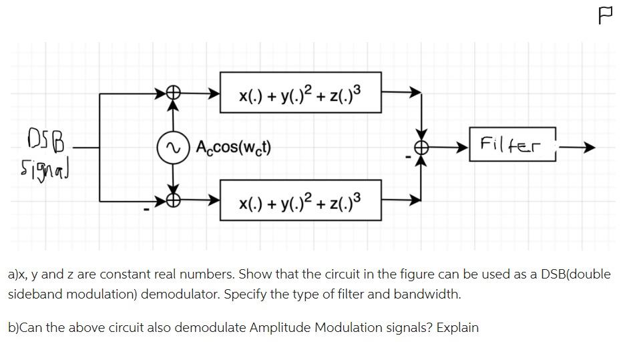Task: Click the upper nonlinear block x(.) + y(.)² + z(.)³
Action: [300, 93]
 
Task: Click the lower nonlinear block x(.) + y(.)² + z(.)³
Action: [300, 200]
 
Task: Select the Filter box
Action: [513, 144]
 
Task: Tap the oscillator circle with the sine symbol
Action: [174, 147]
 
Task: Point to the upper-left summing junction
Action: [174, 94]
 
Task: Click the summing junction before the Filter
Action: [421, 147]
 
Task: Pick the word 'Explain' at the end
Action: [457, 327]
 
